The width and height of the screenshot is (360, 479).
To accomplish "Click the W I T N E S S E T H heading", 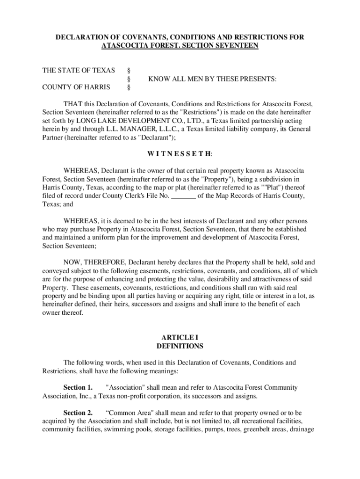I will tap(180, 154).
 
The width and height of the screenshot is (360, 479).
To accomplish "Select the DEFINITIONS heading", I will tap(180, 347).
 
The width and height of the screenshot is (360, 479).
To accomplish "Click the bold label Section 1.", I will tap(78, 388).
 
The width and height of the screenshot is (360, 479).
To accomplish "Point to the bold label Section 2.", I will tap(78, 413).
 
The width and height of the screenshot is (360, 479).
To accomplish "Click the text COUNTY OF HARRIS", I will tap(76, 87).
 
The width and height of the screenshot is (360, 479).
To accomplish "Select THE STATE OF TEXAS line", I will tap(79, 71).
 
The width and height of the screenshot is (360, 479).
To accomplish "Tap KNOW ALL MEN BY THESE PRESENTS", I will tap(212, 80).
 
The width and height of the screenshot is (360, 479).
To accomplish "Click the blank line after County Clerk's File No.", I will tap(183, 196).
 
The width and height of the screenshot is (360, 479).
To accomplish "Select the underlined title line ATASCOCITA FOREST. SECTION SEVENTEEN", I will tap(180, 46).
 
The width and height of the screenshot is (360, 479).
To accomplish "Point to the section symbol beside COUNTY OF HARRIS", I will tap(129, 87).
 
